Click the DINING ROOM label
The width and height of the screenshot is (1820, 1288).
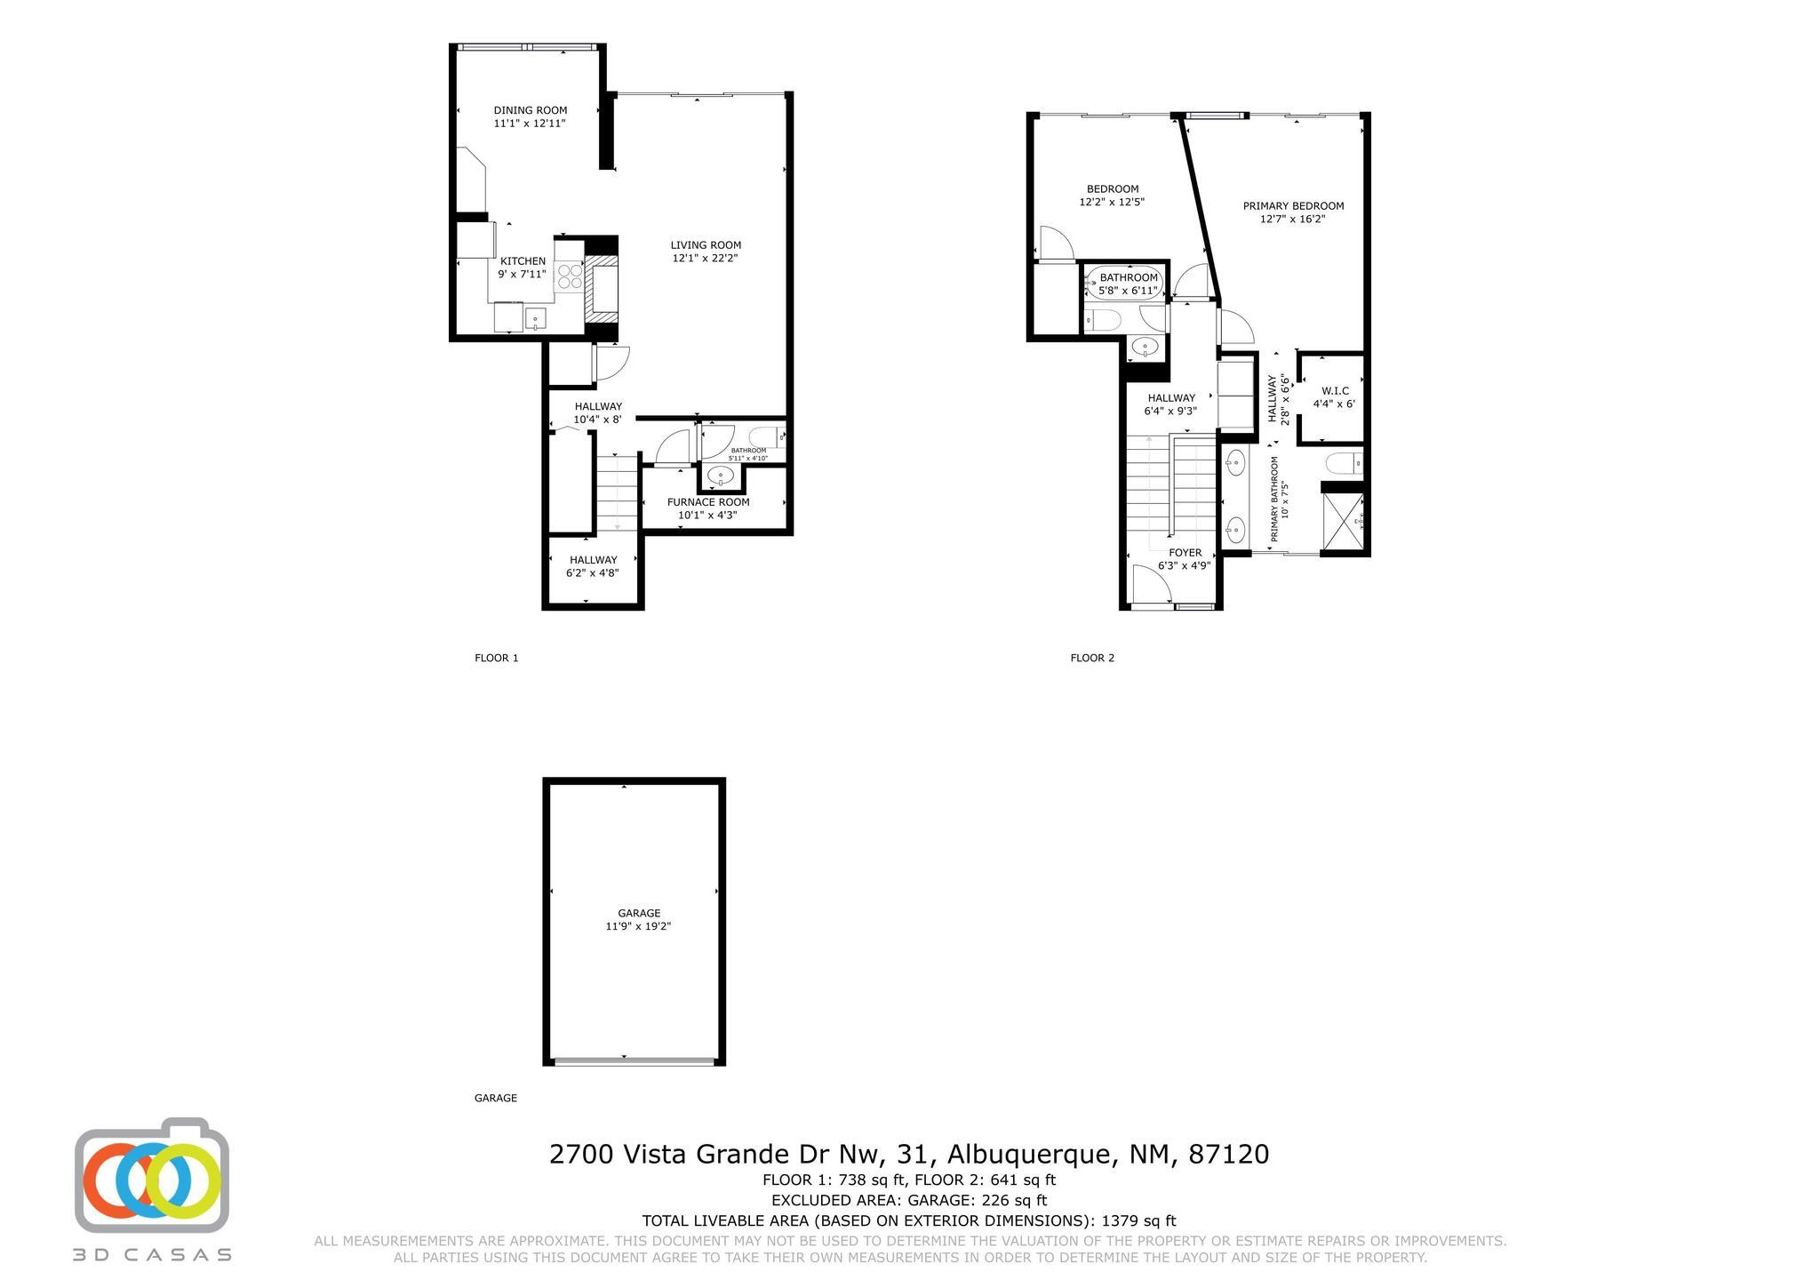(530, 111)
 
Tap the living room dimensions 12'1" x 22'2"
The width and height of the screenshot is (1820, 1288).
(705, 259)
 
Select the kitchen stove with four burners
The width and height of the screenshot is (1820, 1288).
(570, 277)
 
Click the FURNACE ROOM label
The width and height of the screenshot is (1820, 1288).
(708, 502)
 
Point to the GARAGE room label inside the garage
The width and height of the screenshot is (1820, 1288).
(639, 913)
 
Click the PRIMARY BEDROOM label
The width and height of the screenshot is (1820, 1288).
(1293, 206)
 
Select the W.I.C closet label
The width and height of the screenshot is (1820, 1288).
(1335, 391)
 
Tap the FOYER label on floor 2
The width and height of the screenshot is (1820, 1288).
(1185, 553)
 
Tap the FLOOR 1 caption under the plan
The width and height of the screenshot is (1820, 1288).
(496, 659)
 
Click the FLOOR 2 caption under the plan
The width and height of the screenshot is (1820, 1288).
(1092, 659)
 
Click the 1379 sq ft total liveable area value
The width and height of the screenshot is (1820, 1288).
(1138, 1221)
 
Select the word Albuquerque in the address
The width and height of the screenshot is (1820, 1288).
(1030, 1155)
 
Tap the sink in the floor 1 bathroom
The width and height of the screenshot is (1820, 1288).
(720, 476)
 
